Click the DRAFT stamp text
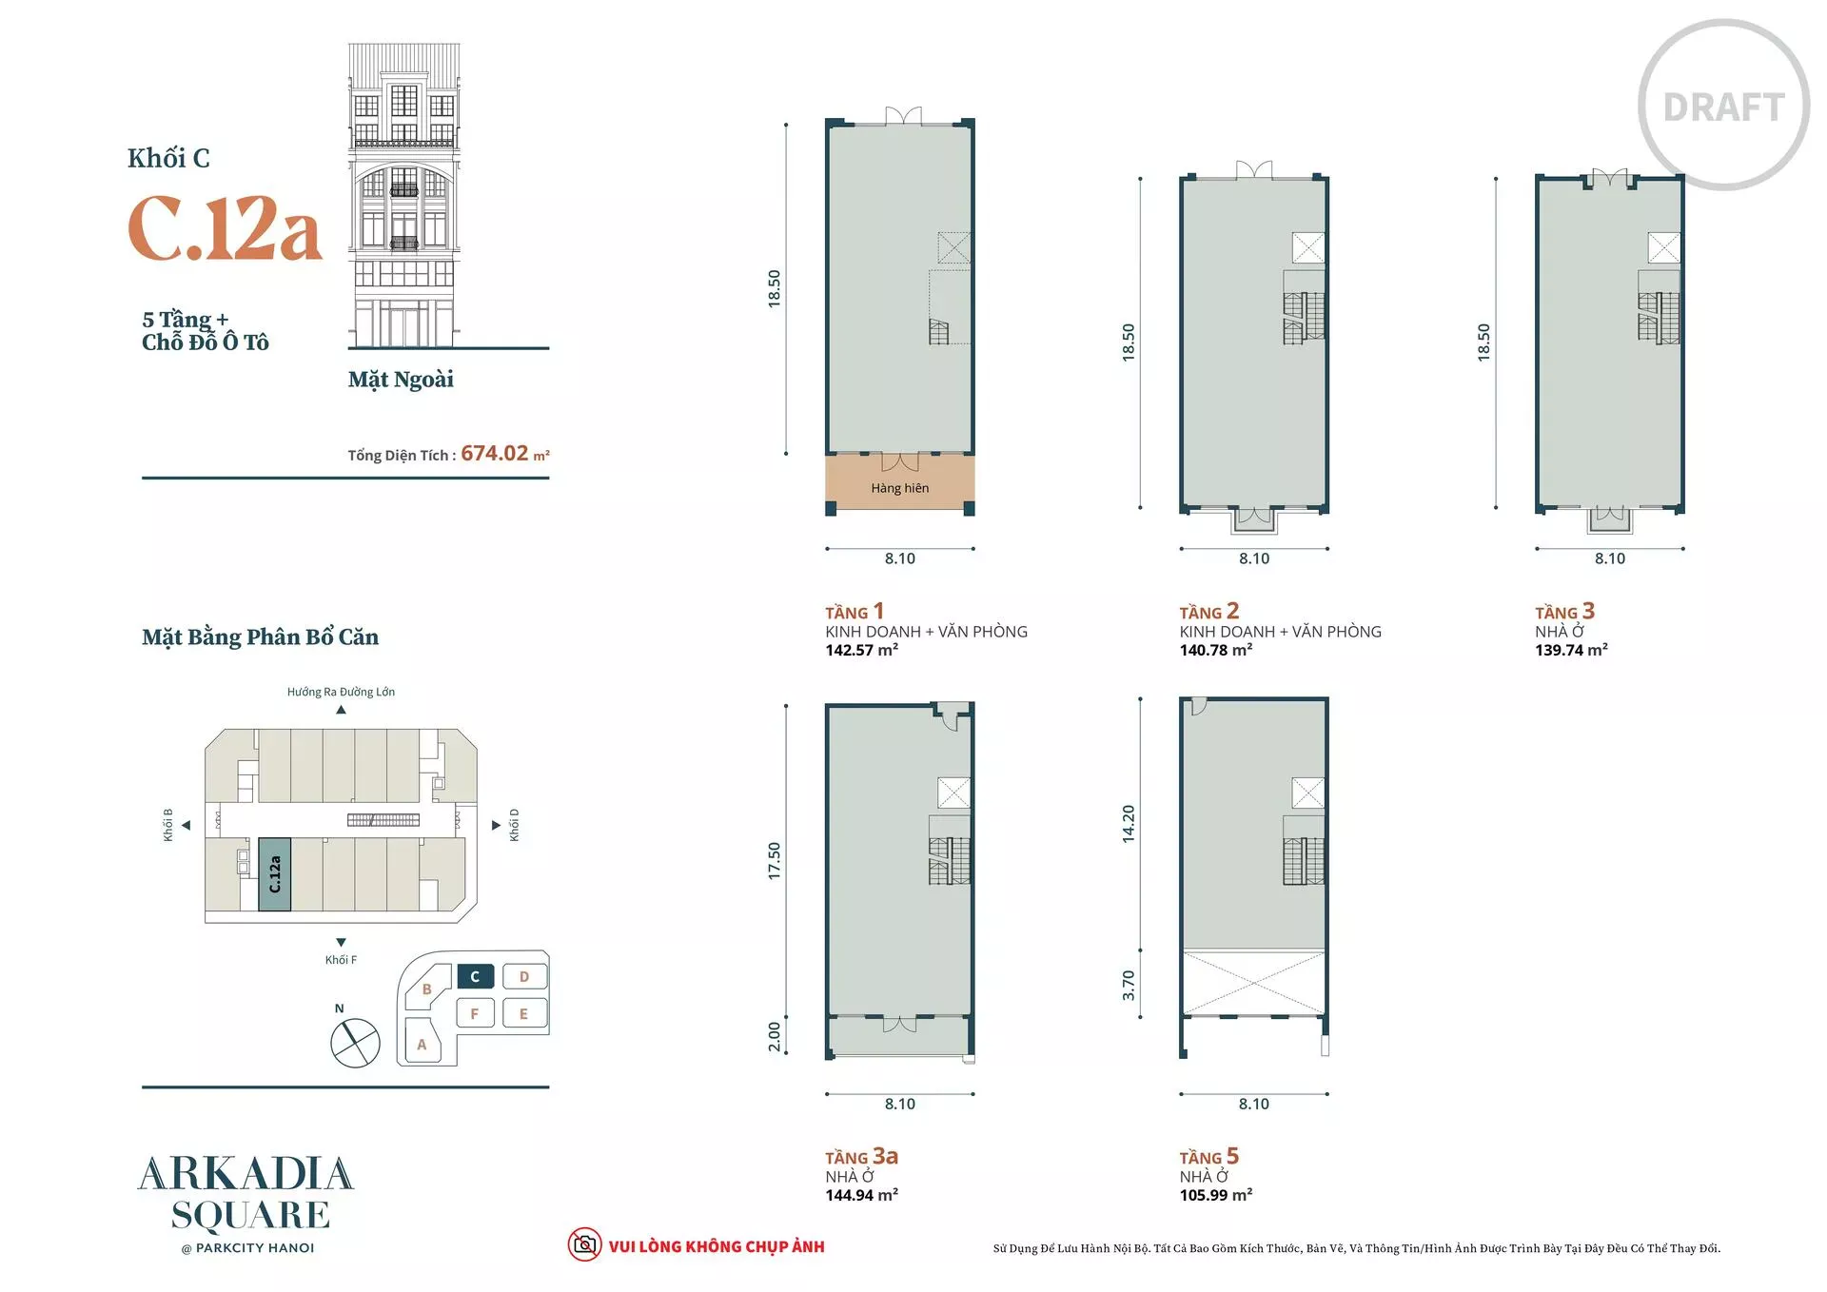[1723, 108]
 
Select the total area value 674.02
[495, 454]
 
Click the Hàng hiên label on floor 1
[900, 488]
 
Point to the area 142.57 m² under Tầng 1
[862, 650]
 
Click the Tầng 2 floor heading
[1209, 612]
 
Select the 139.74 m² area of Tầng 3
[1572, 650]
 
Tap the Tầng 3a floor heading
[862, 1157]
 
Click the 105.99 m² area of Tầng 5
[1216, 1195]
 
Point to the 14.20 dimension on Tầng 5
[1129, 824]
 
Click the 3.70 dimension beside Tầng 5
[1129, 986]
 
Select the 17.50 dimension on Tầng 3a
[775, 861]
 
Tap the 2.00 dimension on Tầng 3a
[775, 1037]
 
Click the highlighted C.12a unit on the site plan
[275, 874]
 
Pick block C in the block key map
[475, 977]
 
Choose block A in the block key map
[422, 1044]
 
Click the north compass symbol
[355, 1043]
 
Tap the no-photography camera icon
[584, 1244]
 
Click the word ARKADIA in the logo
[246, 1174]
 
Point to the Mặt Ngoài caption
[401, 380]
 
